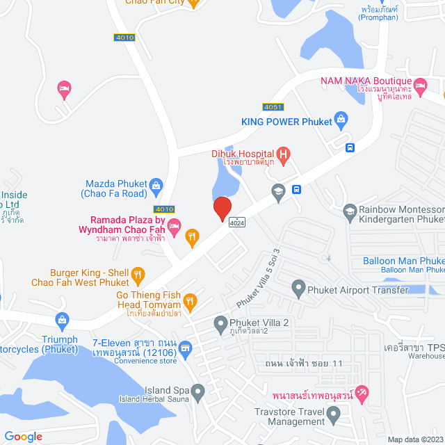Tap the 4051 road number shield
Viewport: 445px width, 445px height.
click(x=273, y=106)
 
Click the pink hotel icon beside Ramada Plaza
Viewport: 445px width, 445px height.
click(x=174, y=224)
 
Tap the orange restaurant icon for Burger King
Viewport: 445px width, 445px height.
click(x=138, y=273)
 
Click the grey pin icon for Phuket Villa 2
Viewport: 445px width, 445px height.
click(x=220, y=322)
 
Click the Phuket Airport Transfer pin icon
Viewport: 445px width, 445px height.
click(x=298, y=286)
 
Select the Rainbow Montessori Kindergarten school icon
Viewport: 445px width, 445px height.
click(x=350, y=210)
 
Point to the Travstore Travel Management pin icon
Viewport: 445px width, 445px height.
click(x=333, y=416)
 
